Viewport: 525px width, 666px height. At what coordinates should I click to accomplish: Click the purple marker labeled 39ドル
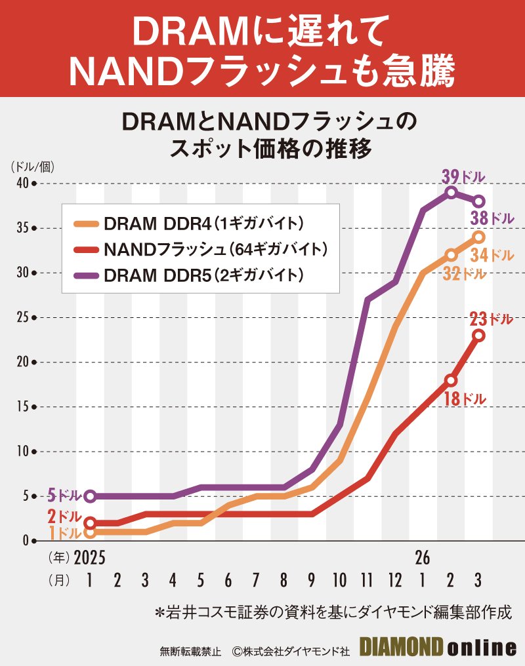pos(451,192)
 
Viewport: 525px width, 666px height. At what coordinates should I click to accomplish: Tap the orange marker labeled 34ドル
pos(479,237)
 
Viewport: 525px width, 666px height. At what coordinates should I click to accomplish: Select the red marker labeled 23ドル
pos(479,336)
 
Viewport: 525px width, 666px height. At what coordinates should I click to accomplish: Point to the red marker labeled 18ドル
pos(451,380)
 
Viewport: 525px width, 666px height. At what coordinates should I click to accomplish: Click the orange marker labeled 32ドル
pos(451,254)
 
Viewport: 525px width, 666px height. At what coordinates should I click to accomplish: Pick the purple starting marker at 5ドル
pos(90,496)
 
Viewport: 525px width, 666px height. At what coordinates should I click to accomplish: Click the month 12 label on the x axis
pos(394,580)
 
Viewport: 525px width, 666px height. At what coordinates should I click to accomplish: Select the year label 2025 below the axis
pos(89,558)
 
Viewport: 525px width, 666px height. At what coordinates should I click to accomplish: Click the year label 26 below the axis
pos(422,558)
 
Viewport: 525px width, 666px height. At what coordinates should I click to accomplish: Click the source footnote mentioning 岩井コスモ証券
pos(332,614)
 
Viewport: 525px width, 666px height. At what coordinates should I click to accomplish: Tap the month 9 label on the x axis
pos(310,580)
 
